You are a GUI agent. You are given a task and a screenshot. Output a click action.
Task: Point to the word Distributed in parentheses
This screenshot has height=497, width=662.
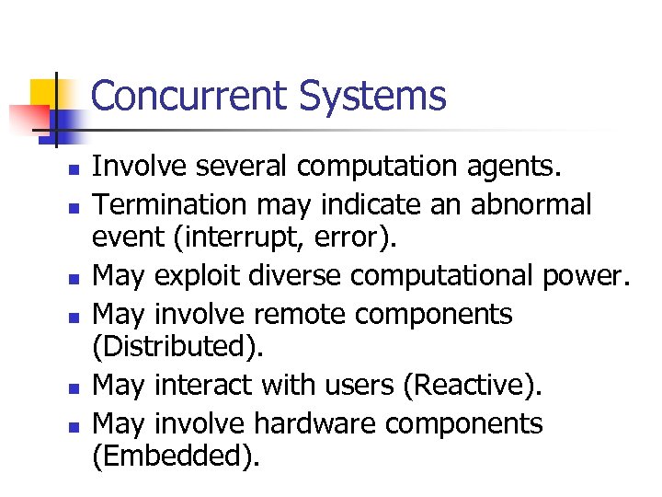pyautogui.click(x=179, y=349)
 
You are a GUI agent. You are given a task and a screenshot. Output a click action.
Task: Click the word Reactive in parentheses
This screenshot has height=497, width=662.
pyautogui.click(x=469, y=386)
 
